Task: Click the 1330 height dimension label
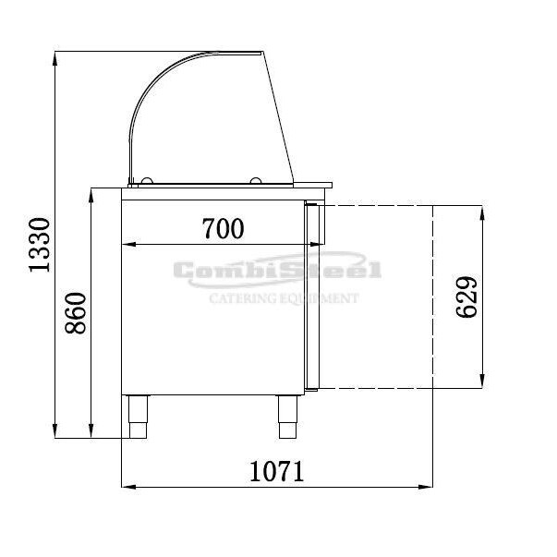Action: pyautogui.click(x=40, y=245)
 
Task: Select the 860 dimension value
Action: pyautogui.click(x=76, y=313)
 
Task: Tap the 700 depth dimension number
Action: pyautogui.click(x=224, y=228)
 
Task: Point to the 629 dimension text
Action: pyautogui.click(x=466, y=297)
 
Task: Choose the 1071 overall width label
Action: pyautogui.click(x=277, y=471)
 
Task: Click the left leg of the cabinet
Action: pyautogui.click(x=139, y=417)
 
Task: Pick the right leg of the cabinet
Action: pyautogui.click(x=287, y=417)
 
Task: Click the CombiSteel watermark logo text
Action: pyautogui.click(x=277, y=270)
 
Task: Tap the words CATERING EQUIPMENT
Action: pyautogui.click(x=285, y=298)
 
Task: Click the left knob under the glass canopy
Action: pyautogui.click(x=147, y=181)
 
